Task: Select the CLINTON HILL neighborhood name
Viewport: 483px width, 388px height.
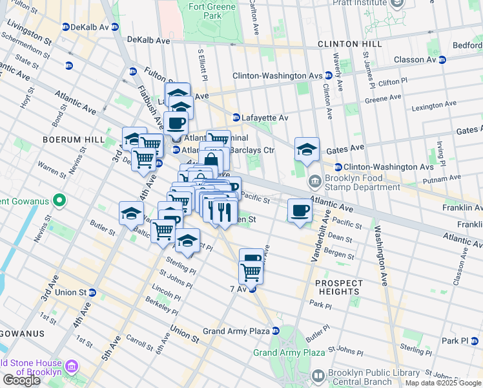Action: tap(349, 44)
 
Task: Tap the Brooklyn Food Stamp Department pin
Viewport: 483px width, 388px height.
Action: tap(314, 180)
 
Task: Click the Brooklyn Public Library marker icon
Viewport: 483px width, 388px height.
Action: tap(318, 376)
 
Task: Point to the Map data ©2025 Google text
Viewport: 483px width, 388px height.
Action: tap(443, 383)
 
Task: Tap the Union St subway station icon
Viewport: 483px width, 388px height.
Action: tap(92, 292)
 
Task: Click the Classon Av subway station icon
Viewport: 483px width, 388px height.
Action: tap(442, 59)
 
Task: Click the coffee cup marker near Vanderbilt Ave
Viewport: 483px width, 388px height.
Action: tap(299, 211)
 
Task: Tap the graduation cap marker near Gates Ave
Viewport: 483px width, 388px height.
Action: tap(307, 149)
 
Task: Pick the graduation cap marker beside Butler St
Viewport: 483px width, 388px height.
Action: tap(131, 213)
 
